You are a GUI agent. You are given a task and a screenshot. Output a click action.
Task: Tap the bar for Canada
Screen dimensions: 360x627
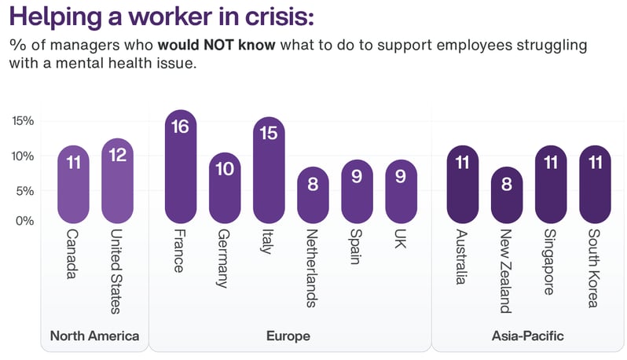(x=73, y=185)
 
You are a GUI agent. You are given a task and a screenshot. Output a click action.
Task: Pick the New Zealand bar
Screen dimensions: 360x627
(x=506, y=195)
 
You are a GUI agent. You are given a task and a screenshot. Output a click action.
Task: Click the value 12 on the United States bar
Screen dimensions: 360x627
(x=118, y=155)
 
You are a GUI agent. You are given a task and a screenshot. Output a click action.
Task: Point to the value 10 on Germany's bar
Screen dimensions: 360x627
(x=225, y=170)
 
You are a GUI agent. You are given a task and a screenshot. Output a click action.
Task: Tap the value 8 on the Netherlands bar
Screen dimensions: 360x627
(x=313, y=183)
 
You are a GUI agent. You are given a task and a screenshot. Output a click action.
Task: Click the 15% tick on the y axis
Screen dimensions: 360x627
(x=23, y=121)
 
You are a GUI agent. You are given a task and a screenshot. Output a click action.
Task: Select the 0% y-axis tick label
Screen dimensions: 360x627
(x=24, y=221)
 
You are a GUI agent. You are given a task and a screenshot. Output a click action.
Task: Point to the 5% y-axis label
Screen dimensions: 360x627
(x=24, y=190)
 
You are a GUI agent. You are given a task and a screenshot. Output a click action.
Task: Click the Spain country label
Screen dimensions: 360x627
(x=357, y=246)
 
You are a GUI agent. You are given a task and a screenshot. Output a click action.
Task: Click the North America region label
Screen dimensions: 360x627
(x=94, y=336)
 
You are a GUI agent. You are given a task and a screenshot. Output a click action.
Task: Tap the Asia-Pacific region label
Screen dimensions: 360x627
(x=527, y=336)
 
